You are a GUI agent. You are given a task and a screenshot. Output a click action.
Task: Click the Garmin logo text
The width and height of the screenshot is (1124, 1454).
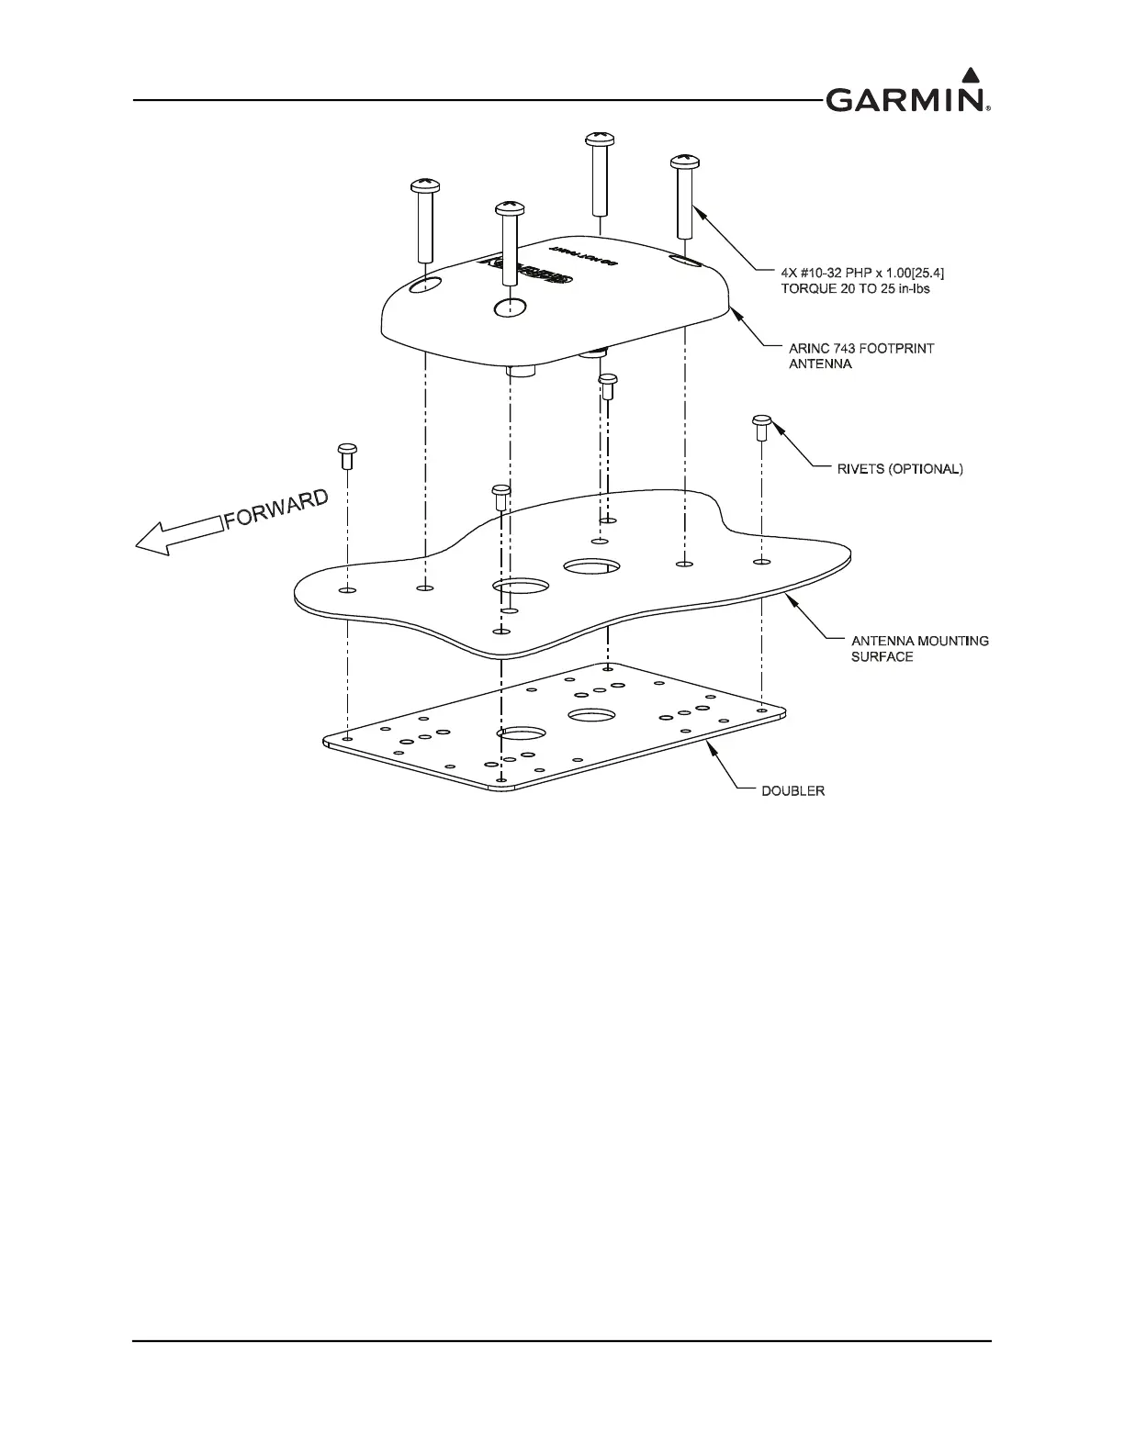(905, 99)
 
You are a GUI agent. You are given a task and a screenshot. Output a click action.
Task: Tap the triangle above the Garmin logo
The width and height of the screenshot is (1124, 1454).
(970, 74)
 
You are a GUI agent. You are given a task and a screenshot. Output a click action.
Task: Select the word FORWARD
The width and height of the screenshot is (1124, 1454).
(276, 509)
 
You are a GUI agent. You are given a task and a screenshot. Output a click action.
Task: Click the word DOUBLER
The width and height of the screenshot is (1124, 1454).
(793, 790)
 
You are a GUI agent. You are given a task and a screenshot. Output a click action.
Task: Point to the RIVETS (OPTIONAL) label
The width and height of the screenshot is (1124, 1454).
(890, 468)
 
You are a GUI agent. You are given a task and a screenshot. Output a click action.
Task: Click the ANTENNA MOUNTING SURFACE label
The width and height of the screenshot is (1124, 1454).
(907, 648)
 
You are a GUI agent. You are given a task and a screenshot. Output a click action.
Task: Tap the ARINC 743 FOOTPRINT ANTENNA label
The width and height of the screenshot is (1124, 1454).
(861, 356)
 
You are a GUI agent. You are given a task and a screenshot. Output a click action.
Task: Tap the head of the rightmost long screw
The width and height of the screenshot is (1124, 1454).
(685, 162)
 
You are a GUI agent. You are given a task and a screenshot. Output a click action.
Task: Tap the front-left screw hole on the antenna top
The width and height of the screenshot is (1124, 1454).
(425, 286)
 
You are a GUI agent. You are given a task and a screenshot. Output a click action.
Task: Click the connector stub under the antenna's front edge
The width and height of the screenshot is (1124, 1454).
(522, 370)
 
